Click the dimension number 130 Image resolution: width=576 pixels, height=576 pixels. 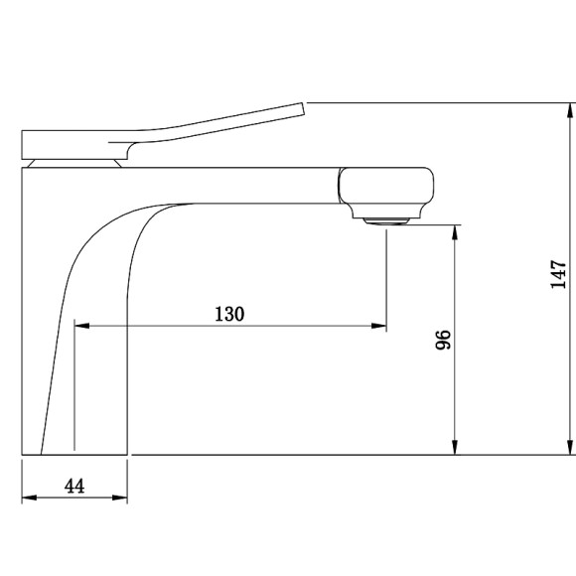(229, 314)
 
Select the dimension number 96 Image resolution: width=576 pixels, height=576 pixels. (443, 340)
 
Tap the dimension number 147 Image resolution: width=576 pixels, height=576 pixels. (558, 274)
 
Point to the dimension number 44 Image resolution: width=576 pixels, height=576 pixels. (74, 486)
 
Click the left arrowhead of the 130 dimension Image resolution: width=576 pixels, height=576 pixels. (81, 326)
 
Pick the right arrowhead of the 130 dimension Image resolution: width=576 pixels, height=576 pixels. (378, 326)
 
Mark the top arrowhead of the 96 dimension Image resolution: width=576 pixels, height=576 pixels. (455, 232)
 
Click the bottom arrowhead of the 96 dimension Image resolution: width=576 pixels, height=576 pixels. (455, 447)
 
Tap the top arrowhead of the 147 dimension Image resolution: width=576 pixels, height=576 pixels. (570, 110)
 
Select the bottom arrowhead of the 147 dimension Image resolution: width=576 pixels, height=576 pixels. (570, 447)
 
